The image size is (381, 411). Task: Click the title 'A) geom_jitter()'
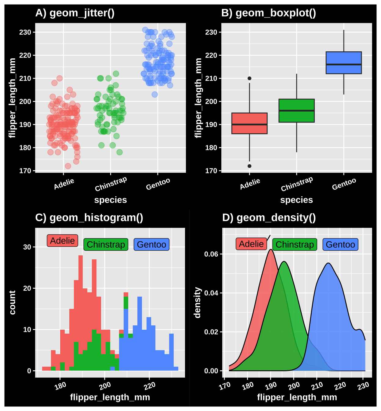(75, 13)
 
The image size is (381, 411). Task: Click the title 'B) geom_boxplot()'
(268, 13)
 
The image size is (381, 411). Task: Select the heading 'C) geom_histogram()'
(89, 218)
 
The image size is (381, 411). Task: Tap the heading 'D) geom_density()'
(269, 218)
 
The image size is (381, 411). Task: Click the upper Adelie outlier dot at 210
(249, 78)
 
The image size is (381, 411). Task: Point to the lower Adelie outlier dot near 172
(249, 166)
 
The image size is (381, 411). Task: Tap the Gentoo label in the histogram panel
(151, 245)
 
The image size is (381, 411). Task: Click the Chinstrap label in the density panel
(295, 245)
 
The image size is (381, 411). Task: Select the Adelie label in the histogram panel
(63, 241)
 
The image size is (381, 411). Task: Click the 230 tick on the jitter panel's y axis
(25, 32)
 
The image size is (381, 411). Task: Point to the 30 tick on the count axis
(27, 247)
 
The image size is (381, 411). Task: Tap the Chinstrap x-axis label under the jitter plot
(111, 184)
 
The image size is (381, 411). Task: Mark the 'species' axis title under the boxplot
(296, 200)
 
